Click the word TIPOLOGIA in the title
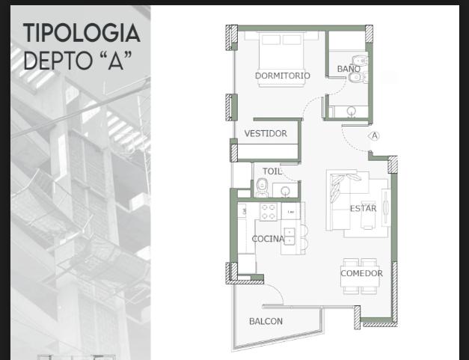82,33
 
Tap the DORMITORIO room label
282,76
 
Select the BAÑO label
349,69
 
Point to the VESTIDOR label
266,133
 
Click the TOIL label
272,171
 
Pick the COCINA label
268,239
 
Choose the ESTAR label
363,208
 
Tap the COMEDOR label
361,273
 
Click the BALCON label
266,321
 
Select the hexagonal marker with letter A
374,136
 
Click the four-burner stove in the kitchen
269,212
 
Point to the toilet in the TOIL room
262,188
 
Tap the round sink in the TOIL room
285,191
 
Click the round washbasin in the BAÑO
351,112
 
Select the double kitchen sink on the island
289,236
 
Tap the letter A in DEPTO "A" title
116,61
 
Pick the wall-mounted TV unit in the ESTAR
385,207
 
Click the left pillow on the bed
272,40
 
